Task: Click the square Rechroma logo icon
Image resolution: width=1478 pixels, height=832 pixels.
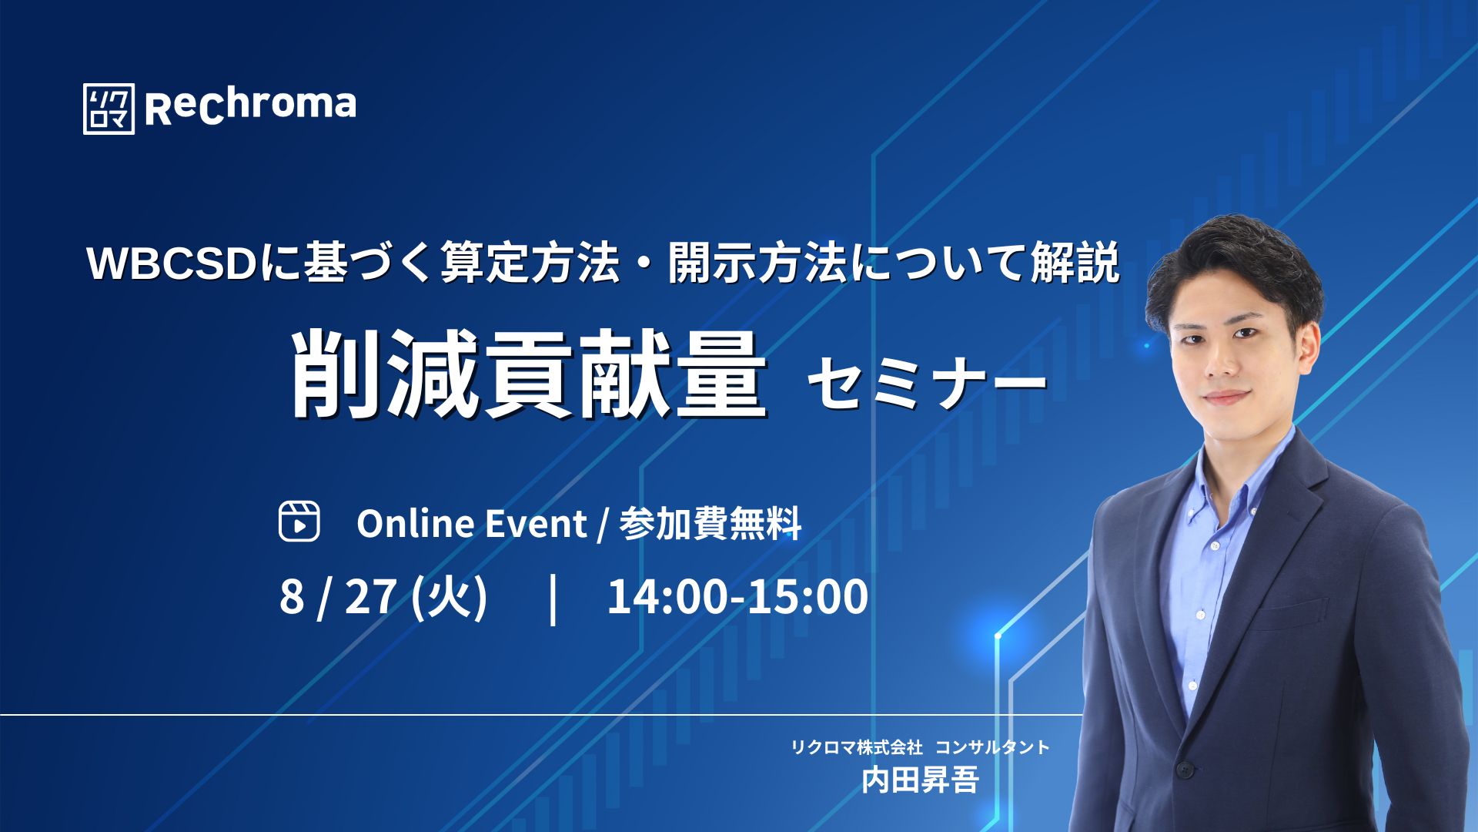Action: [x=109, y=109]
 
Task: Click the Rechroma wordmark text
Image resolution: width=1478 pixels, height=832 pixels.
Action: [x=250, y=106]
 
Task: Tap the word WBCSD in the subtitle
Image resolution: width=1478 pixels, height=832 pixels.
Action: [x=171, y=264]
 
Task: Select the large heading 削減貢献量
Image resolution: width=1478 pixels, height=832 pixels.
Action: [x=530, y=375]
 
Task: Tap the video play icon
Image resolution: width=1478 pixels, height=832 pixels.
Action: [x=299, y=522]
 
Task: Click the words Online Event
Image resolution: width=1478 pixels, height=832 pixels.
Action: [x=471, y=524]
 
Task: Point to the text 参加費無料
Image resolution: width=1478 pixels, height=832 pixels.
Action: [x=711, y=524]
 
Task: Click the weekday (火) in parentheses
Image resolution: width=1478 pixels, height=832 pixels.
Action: [x=450, y=597]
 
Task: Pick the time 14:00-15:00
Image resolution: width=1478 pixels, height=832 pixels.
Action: [x=737, y=596]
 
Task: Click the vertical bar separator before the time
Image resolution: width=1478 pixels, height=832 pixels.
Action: [x=553, y=599]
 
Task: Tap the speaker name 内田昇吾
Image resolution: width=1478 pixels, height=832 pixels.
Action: [x=920, y=780]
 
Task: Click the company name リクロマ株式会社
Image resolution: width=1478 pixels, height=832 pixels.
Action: [x=856, y=746]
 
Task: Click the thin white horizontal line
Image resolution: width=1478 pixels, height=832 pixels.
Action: [x=541, y=715]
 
